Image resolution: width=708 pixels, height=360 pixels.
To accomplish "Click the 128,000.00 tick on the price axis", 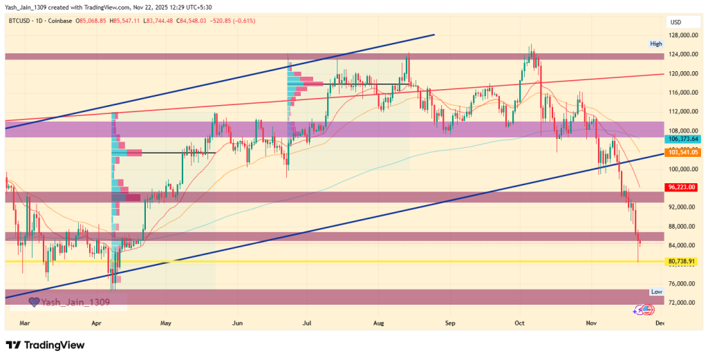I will [682, 35].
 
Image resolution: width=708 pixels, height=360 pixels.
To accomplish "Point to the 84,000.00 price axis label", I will [682, 245].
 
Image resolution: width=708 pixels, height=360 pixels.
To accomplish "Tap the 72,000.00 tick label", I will [682, 303].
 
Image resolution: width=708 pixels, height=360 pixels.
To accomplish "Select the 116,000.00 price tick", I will [682, 93].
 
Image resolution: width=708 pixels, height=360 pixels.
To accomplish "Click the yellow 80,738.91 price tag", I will [682, 262].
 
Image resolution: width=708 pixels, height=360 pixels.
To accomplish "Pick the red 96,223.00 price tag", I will [682, 187].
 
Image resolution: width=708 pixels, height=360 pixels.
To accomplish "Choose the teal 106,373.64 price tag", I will [682, 139].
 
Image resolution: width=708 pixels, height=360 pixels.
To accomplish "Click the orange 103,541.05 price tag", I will [682, 152].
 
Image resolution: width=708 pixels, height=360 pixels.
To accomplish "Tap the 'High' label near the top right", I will [655, 44].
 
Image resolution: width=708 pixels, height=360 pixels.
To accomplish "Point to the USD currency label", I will [676, 22].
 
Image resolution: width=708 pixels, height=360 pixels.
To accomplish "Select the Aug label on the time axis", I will [378, 322].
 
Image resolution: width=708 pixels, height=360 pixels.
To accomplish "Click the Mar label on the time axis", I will [25, 322].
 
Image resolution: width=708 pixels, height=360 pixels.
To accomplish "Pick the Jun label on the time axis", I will [237, 322].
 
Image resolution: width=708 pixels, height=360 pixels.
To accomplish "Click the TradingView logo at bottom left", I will [45, 345].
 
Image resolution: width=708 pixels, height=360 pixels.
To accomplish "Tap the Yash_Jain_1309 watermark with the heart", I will [69, 301].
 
